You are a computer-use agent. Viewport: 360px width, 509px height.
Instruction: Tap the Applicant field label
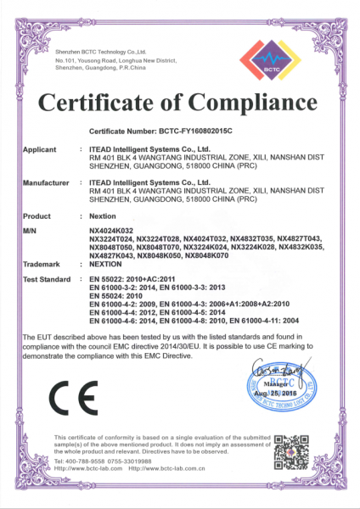point(40,148)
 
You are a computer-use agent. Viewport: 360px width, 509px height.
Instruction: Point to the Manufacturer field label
point(46,182)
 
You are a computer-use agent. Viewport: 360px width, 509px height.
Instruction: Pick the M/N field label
point(31,231)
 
